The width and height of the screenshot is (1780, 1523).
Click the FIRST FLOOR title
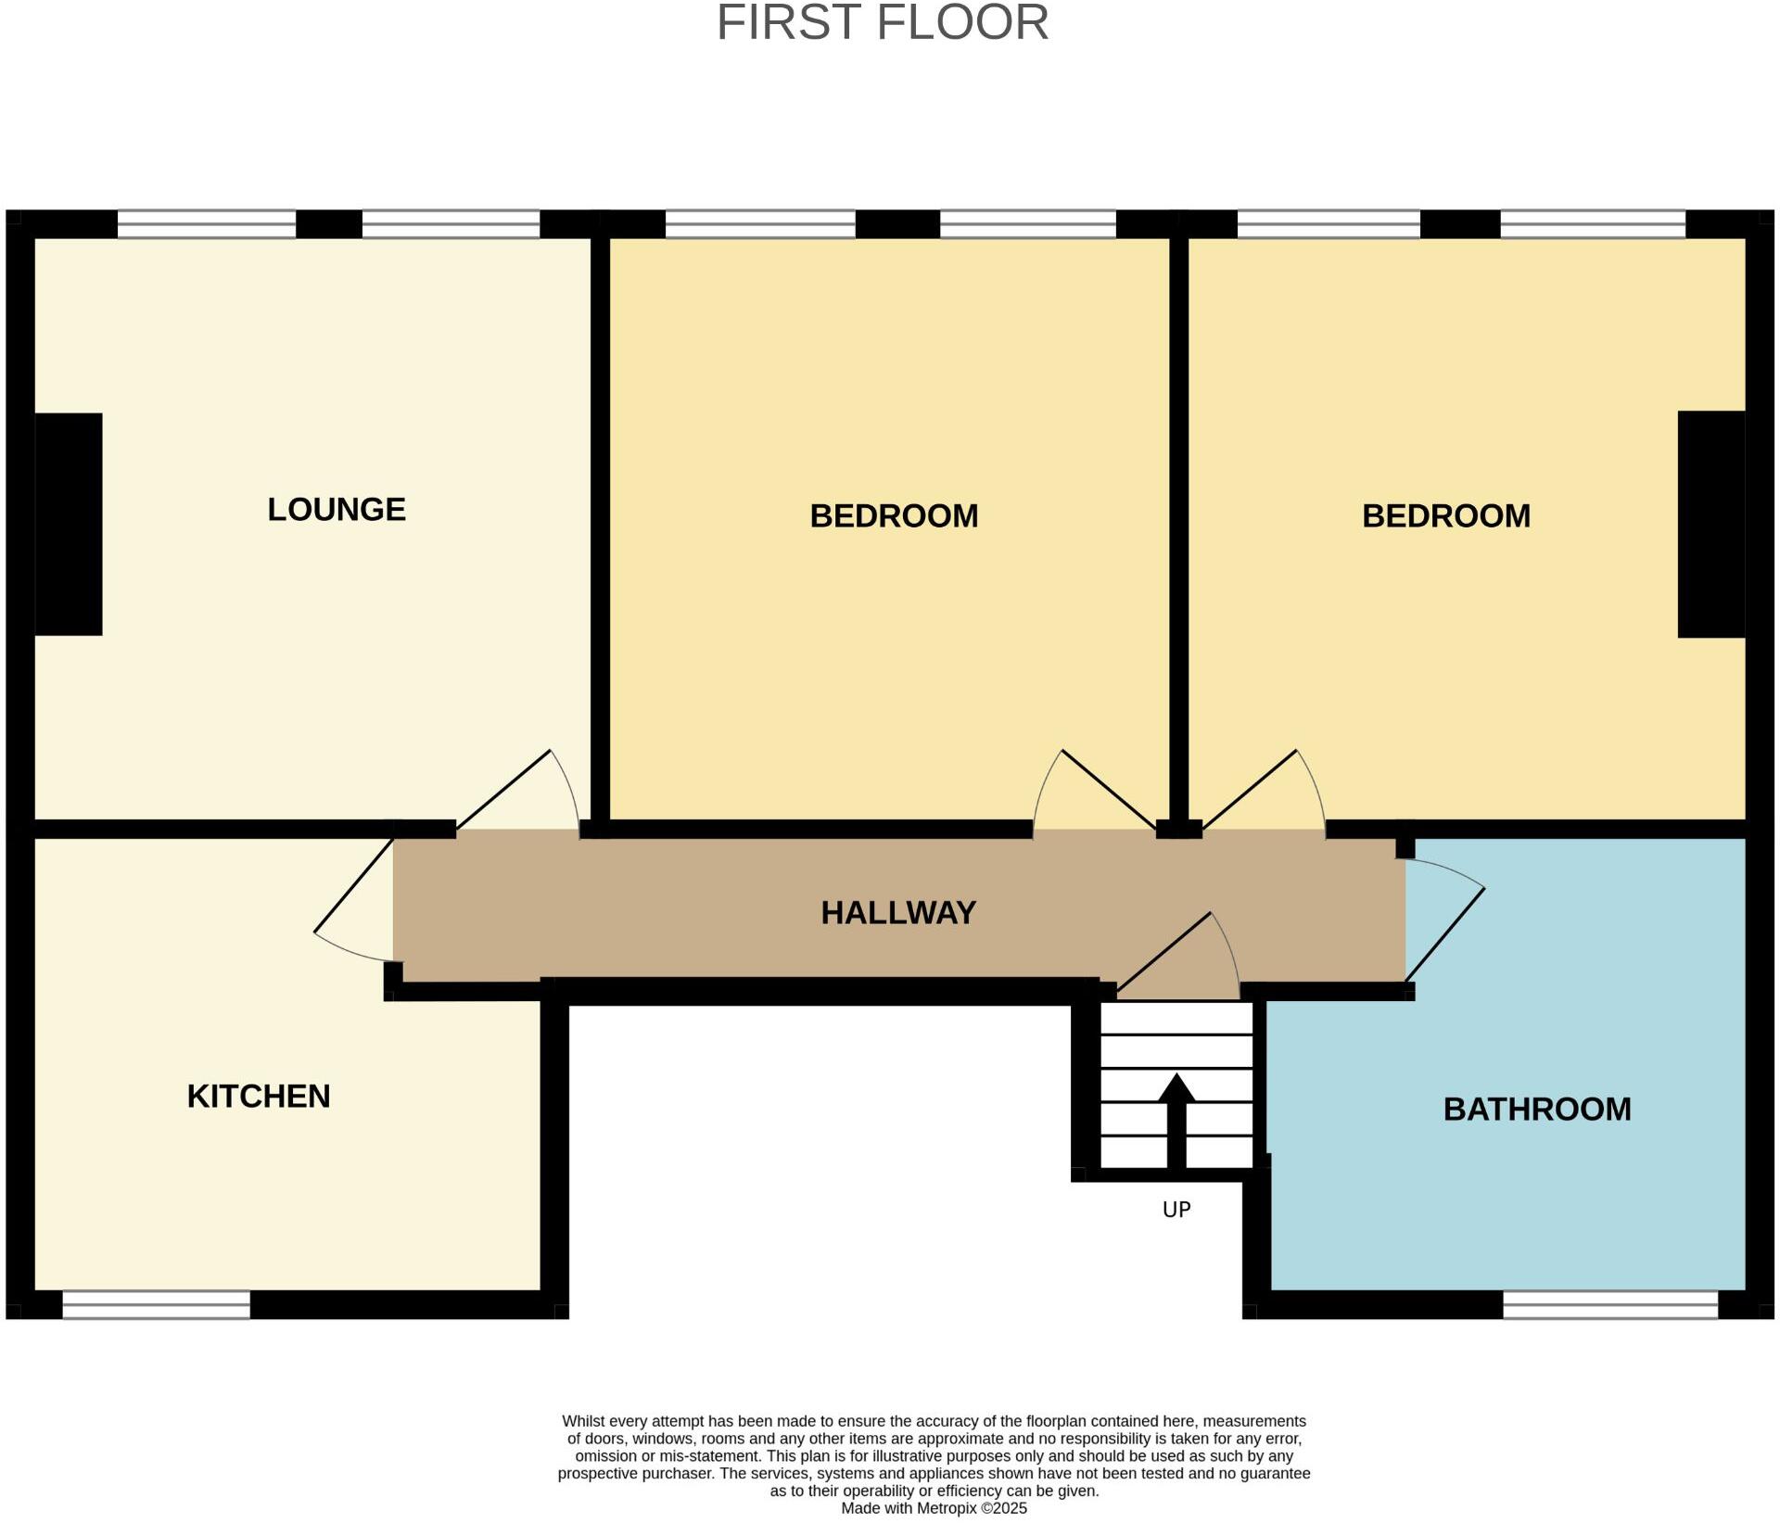[882, 23]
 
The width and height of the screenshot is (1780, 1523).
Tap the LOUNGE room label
[337, 510]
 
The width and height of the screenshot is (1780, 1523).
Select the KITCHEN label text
[259, 1097]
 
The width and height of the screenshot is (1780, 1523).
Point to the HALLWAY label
[898, 913]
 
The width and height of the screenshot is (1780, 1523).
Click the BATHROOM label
[1537, 1110]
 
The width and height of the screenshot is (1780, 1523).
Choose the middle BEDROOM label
[894, 516]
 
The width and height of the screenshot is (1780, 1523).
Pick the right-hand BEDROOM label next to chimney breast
[1445, 516]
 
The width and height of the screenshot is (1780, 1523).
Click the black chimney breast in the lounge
[69, 525]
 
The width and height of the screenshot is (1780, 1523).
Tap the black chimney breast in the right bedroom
[1711, 525]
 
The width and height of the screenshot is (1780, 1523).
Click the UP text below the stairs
[1176, 1210]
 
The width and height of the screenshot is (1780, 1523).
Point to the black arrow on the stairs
[1176, 1117]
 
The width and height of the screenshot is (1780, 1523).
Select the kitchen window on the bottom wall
[156, 1305]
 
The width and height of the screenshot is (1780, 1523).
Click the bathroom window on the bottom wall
[1610, 1305]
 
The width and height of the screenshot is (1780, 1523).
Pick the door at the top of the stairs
[1187, 959]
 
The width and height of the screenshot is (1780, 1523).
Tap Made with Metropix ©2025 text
[934, 1508]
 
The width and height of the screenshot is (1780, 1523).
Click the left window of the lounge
[206, 224]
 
